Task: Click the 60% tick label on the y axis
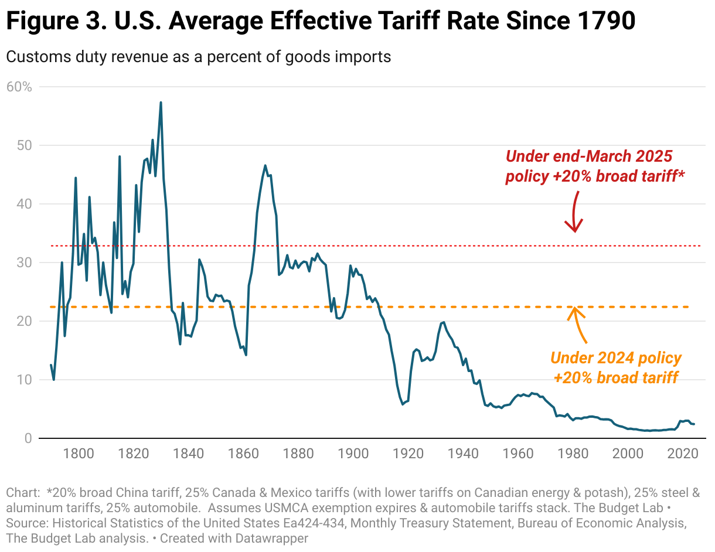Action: coord(19,87)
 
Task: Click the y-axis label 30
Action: coord(23,263)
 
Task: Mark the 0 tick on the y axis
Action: coord(28,438)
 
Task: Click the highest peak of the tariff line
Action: coord(161,103)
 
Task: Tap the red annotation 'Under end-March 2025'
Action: coord(588,156)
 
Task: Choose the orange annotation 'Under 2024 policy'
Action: coord(616,358)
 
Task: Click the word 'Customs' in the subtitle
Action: coord(30,57)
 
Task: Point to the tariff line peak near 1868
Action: coord(265,166)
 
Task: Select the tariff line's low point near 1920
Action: coord(403,404)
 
